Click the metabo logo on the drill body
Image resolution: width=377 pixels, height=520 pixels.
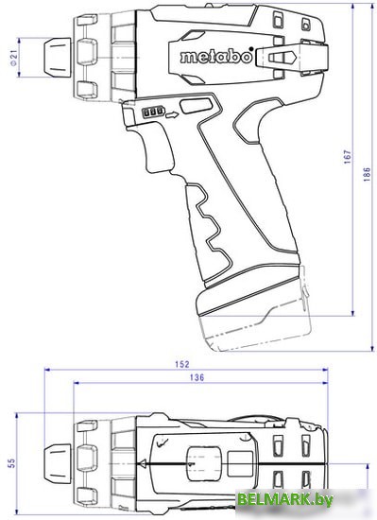click(x=214, y=58)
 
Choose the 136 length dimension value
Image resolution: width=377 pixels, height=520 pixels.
click(x=196, y=378)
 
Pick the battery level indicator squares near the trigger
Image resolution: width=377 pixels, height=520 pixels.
click(x=150, y=112)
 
